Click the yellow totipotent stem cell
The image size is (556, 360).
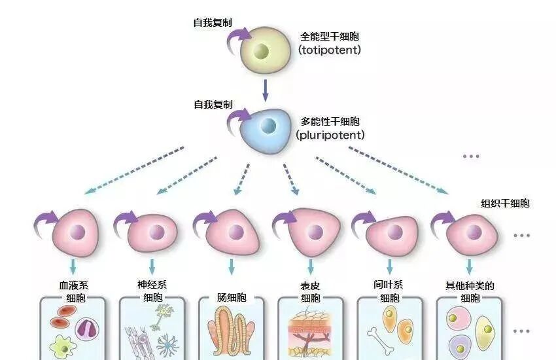(x=263, y=50)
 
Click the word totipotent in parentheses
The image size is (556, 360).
(x=329, y=49)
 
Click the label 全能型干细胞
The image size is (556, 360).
(x=330, y=37)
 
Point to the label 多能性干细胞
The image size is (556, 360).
(x=330, y=122)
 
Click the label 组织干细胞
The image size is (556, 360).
(x=505, y=204)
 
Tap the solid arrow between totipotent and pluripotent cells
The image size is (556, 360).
(x=265, y=89)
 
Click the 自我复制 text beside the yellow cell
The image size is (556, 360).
(x=211, y=23)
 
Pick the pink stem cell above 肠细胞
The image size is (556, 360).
(x=233, y=233)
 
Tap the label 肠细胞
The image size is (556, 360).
(x=232, y=298)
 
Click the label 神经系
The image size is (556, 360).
(x=152, y=285)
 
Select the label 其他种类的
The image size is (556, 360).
(x=470, y=285)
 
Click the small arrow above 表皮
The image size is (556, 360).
(x=311, y=266)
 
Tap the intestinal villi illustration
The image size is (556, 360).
(x=232, y=334)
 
